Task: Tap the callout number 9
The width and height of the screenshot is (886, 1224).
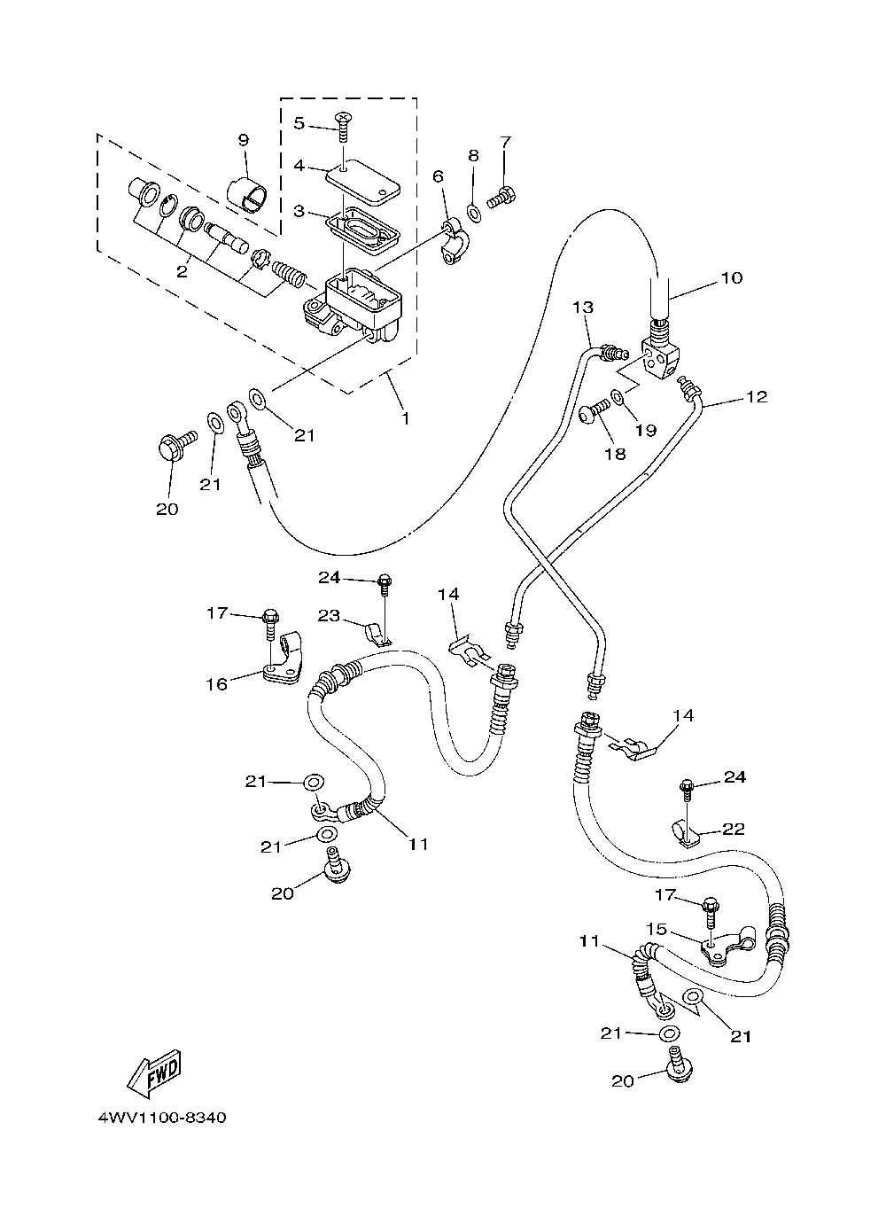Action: click(x=244, y=140)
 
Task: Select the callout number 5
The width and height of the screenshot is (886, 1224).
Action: click(x=299, y=123)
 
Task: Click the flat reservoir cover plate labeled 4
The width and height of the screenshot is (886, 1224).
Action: click(x=363, y=183)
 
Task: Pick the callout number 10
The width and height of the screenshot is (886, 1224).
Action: click(x=732, y=277)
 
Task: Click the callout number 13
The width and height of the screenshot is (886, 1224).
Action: click(x=583, y=307)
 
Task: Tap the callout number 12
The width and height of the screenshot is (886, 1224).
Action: click(x=757, y=396)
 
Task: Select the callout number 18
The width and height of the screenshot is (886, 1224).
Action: click(x=615, y=454)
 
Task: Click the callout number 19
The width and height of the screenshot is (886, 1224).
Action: click(x=645, y=430)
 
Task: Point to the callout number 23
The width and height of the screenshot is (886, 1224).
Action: click(x=329, y=615)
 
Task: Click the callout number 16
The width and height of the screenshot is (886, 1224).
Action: click(x=216, y=683)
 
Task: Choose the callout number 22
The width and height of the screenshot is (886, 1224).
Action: click(x=733, y=829)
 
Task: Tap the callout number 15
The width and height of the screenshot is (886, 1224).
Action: click(x=657, y=929)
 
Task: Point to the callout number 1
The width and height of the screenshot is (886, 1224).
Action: click(x=405, y=418)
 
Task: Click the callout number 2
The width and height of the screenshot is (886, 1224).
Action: click(x=182, y=271)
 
